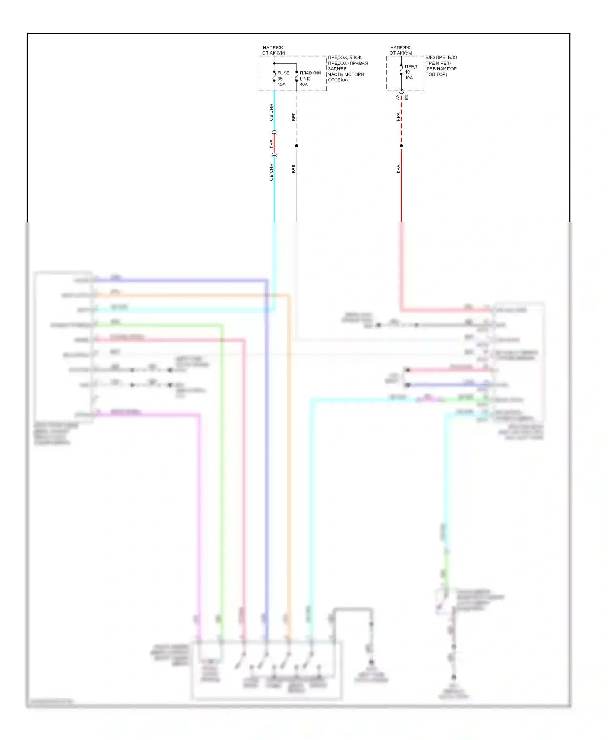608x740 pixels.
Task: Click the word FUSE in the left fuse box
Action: pyautogui.click(x=283, y=73)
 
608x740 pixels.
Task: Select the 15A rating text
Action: pyautogui.click(x=281, y=85)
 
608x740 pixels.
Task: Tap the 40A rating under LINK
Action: pyautogui.click(x=304, y=85)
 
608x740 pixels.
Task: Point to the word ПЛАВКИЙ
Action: pyautogui.click(x=310, y=73)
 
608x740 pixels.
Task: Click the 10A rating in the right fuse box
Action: pyautogui.click(x=409, y=78)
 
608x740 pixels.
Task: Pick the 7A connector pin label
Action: pyautogui.click(x=397, y=98)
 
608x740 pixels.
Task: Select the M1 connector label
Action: pyautogui.click(x=407, y=98)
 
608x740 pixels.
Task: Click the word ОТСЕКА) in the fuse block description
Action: pyautogui.click(x=338, y=80)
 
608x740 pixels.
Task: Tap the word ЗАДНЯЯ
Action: pyautogui.click(x=337, y=69)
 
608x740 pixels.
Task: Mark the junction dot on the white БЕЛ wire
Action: pyautogui.click(x=297, y=146)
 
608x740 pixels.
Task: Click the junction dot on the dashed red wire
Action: pyautogui.click(x=401, y=146)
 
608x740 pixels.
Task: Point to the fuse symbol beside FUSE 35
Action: pyautogui.click(x=274, y=77)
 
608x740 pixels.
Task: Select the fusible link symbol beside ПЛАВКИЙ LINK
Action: pyautogui.click(x=297, y=77)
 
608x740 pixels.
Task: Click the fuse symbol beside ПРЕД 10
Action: pyautogui.click(x=401, y=70)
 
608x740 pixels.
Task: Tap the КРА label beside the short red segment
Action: pyautogui.click(x=271, y=144)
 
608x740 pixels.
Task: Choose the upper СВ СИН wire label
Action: pyautogui.click(x=271, y=113)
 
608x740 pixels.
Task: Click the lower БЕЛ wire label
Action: pyautogui.click(x=293, y=169)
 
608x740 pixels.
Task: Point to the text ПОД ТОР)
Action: pyautogui.click(x=436, y=74)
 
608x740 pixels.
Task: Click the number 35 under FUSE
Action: pyautogui.click(x=280, y=79)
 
